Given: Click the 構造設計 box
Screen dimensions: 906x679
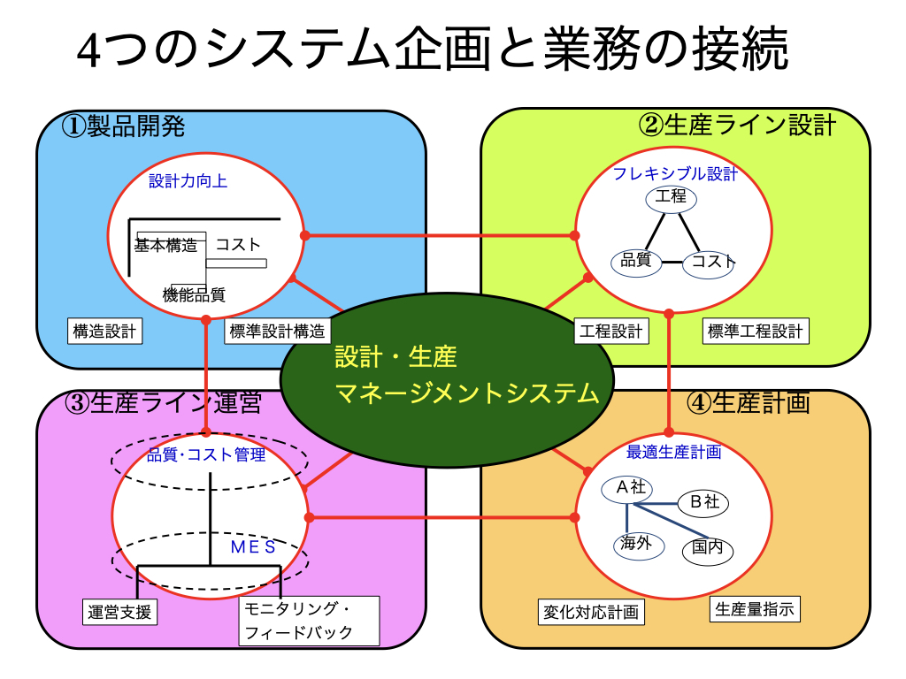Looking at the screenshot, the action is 104,331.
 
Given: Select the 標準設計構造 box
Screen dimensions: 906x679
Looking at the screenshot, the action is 277,331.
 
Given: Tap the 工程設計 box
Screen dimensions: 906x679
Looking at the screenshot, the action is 611,331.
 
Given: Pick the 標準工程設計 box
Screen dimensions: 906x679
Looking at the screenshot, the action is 756,331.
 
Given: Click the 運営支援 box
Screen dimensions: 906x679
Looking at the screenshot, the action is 119,612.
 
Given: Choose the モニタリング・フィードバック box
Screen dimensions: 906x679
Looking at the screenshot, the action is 309,621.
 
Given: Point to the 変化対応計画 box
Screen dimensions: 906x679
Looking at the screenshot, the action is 591,612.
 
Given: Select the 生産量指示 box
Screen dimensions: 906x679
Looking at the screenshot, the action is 755,609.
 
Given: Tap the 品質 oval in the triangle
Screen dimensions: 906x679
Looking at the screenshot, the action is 636,262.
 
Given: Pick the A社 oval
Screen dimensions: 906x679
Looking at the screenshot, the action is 627,489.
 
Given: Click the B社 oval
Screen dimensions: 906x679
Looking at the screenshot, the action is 703,503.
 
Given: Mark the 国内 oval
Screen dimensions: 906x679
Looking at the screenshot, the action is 708,549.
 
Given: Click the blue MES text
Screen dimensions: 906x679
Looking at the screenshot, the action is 253,546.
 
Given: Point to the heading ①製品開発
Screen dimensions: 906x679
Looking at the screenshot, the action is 123,126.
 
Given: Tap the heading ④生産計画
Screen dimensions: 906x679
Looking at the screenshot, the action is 749,402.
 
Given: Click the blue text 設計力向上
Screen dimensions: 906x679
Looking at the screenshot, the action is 188,181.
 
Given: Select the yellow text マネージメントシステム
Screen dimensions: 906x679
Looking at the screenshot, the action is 467,393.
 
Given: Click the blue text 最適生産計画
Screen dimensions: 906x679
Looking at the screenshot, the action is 673,452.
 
